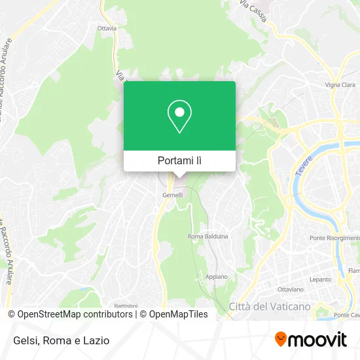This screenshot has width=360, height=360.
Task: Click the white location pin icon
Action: click(x=179, y=116)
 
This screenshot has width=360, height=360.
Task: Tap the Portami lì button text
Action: click(x=179, y=160)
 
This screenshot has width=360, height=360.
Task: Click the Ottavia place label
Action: click(x=107, y=29)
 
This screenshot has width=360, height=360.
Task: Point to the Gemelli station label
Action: click(x=173, y=195)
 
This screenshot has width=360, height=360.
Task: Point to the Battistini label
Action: click(x=126, y=306)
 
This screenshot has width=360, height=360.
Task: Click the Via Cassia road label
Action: click(x=253, y=12)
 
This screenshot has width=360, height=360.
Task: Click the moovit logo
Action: click(x=310, y=340)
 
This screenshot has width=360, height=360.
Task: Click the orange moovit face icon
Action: click(x=281, y=340)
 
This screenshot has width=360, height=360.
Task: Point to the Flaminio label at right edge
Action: click(x=354, y=271)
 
